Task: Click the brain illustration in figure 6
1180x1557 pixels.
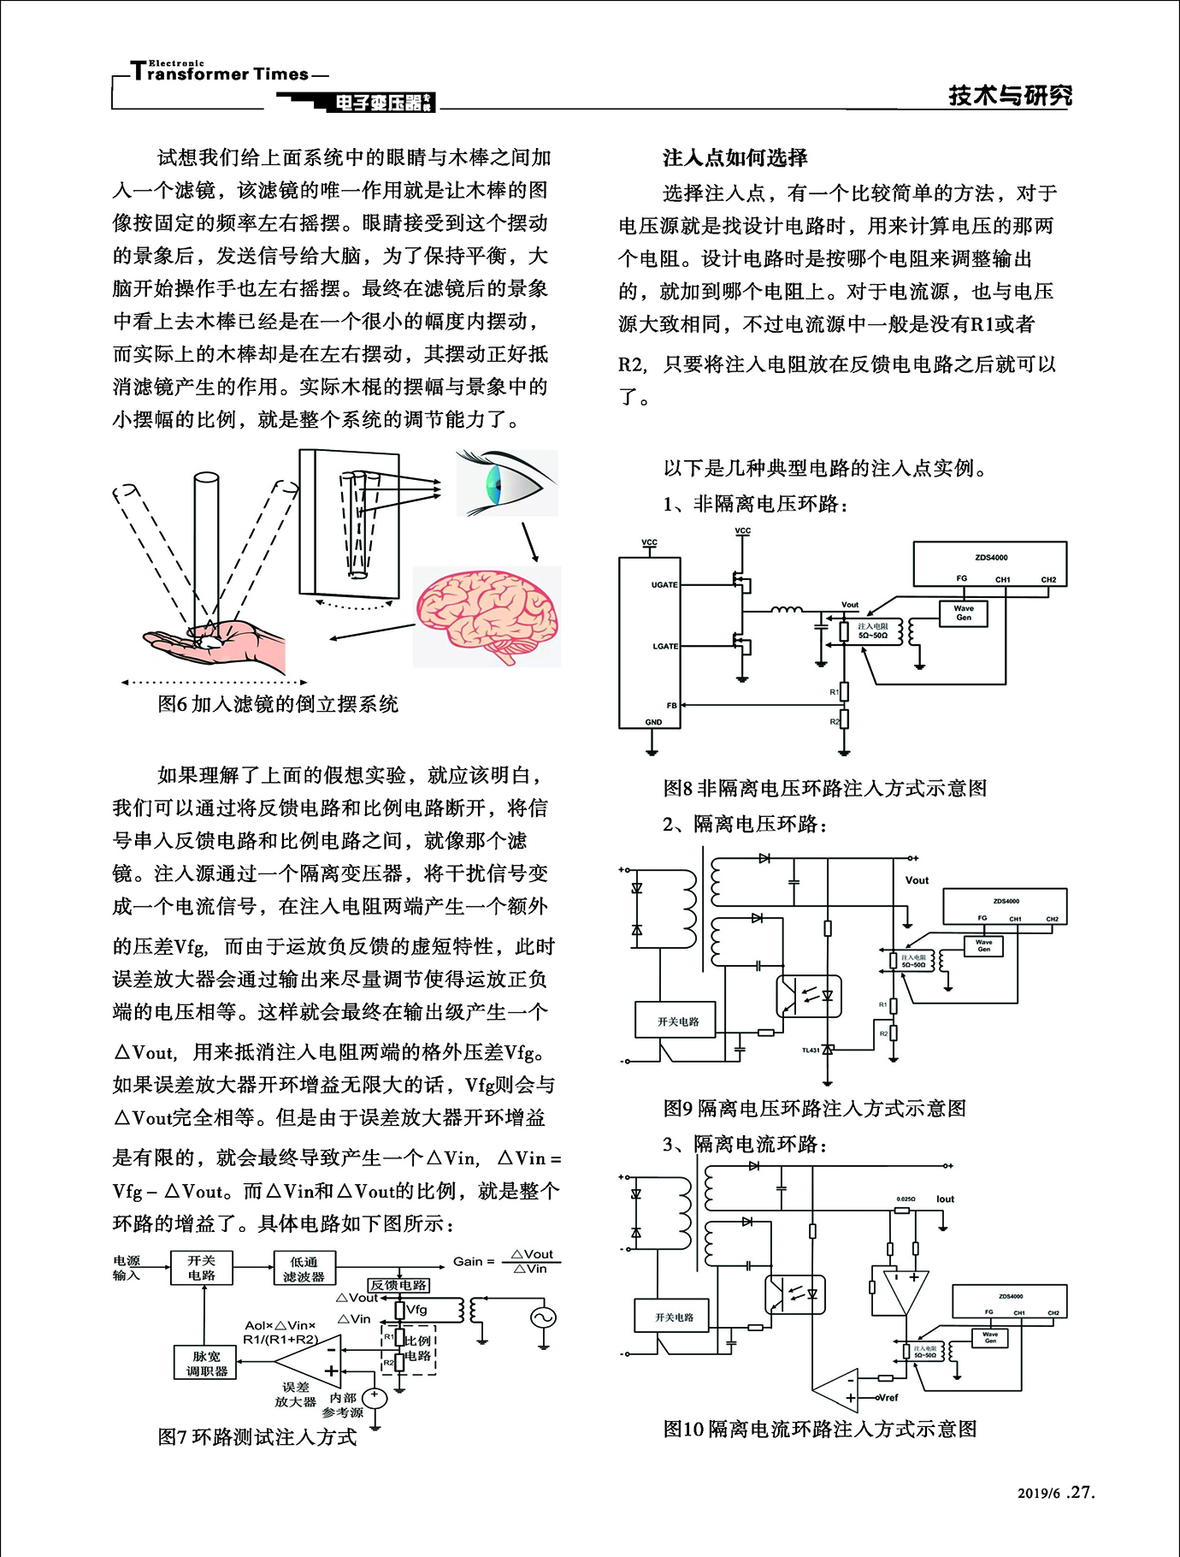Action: click(x=487, y=616)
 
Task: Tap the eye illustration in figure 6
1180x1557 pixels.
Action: click(x=505, y=484)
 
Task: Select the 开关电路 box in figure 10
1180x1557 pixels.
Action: click(x=674, y=1317)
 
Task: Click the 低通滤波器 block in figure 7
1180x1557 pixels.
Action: click(x=304, y=1268)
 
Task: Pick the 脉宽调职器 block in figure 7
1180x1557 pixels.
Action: click(x=206, y=1364)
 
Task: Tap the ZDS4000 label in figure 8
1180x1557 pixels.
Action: click(x=990, y=557)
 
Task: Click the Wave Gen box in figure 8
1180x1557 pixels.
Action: click(x=963, y=613)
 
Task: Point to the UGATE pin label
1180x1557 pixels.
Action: click(x=664, y=585)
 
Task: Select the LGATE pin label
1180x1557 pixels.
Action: click(x=664, y=646)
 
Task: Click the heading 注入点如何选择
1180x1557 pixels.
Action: click(x=735, y=158)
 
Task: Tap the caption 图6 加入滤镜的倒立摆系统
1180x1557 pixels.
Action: click(x=278, y=704)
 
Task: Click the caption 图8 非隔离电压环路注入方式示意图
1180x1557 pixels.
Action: click(x=825, y=788)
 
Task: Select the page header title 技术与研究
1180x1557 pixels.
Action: click(x=1010, y=95)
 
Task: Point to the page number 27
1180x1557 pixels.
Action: click(x=1082, y=1493)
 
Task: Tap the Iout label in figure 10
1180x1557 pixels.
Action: click(x=945, y=1199)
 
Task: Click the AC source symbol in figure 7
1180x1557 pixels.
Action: click(x=543, y=1317)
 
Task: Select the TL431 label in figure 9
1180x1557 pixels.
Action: click(x=810, y=1050)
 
